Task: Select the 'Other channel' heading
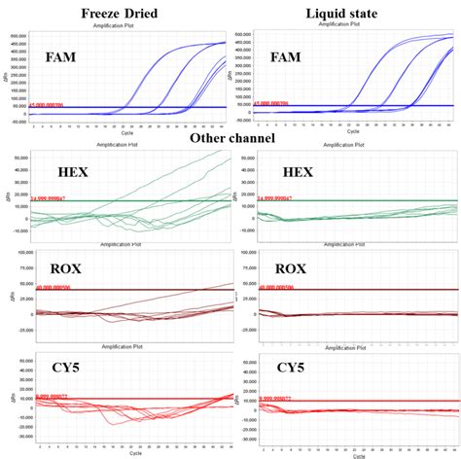tap(232, 139)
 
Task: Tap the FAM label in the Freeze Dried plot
tap(62, 57)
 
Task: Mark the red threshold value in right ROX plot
tap(277, 288)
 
